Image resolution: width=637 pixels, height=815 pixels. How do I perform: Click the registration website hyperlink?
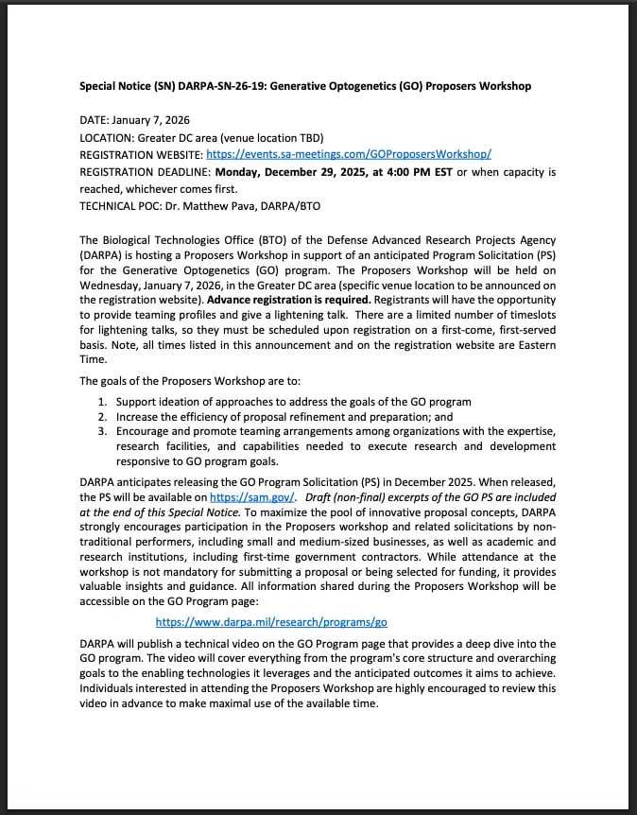(348, 154)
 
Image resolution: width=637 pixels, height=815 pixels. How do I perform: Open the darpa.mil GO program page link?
(271, 622)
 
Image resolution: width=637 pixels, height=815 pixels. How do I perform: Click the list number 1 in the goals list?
(103, 402)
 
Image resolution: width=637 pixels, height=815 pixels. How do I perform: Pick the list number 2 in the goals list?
(103, 416)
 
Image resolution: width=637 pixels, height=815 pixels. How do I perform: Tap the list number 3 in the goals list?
(103, 431)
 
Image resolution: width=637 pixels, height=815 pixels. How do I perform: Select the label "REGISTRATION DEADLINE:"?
(146, 172)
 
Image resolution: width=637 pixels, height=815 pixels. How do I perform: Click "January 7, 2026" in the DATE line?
(153, 120)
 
